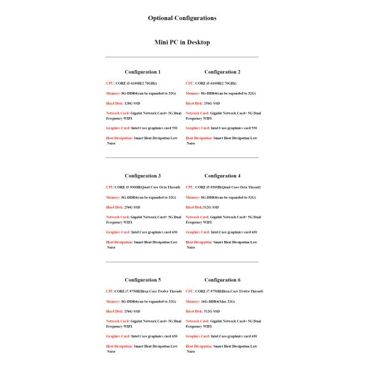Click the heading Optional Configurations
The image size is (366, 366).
click(182, 18)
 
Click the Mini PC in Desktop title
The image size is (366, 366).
click(182, 43)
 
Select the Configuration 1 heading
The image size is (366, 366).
click(142, 72)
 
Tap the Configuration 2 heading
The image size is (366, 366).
click(222, 72)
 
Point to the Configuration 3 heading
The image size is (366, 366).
click(142, 176)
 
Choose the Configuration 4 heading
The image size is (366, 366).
click(222, 176)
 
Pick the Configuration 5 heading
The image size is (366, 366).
click(142, 280)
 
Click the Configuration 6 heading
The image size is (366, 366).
click(222, 280)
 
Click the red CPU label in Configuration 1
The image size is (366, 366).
click(110, 83)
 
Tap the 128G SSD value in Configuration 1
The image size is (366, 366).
click(132, 104)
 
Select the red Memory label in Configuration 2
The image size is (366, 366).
click(193, 93)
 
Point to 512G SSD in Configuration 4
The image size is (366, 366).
click(210, 207)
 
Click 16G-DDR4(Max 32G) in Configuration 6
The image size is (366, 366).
click(218, 301)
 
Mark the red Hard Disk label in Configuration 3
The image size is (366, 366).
click(115, 207)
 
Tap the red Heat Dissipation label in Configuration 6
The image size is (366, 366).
click(199, 346)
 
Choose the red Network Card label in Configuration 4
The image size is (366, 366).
click(198, 217)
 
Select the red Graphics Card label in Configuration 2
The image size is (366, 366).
click(198, 128)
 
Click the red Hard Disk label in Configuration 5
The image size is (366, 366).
click(115, 311)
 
